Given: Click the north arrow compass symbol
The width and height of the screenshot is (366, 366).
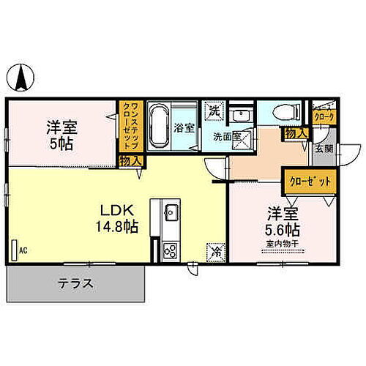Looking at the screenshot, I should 23,75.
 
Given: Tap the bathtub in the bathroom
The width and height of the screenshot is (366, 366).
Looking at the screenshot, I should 159,127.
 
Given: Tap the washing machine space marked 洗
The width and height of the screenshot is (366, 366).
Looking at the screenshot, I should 214,111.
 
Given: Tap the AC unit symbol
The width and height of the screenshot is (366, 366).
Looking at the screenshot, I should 15,248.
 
